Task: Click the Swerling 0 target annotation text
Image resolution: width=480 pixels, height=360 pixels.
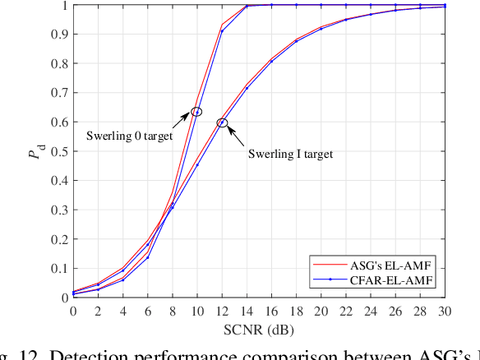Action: point(130,136)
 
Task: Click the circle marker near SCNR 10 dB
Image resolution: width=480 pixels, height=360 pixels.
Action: point(196,112)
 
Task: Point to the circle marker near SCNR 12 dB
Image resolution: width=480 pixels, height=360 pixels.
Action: point(221,122)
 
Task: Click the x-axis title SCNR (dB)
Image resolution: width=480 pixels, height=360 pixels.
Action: point(259,330)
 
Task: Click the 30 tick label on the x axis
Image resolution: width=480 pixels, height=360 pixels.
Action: point(445,312)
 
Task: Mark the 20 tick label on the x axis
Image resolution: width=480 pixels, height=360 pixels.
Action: point(321,312)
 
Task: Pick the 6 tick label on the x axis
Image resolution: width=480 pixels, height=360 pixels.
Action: point(146,312)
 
